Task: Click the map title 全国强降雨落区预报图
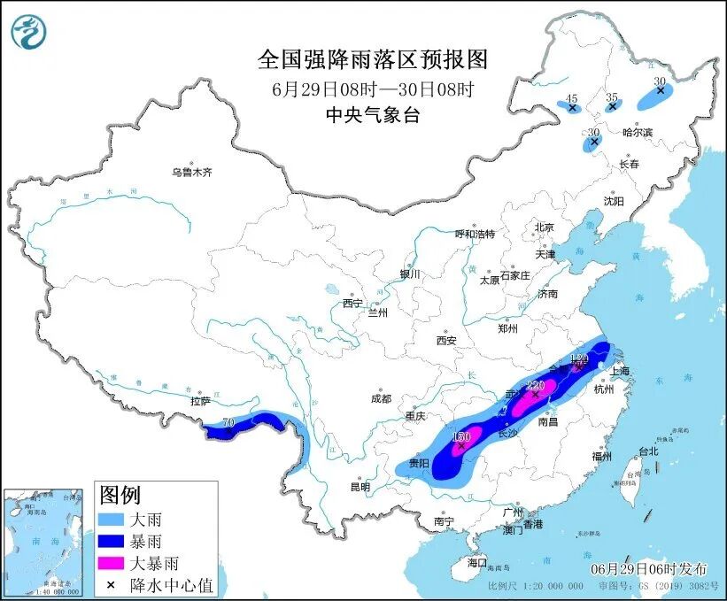(x=372, y=59)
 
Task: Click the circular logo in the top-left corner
(x=28, y=33)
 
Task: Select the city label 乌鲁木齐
(x=192, y=173)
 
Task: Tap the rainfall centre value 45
(x=572, y=98)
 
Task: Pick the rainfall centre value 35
(x=612, y=96)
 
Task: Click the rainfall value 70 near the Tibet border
(x=229, y=424)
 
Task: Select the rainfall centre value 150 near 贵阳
(x=461, y=438)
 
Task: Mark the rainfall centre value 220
(x=535, y=386)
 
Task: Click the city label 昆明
(x=360, y=487)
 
